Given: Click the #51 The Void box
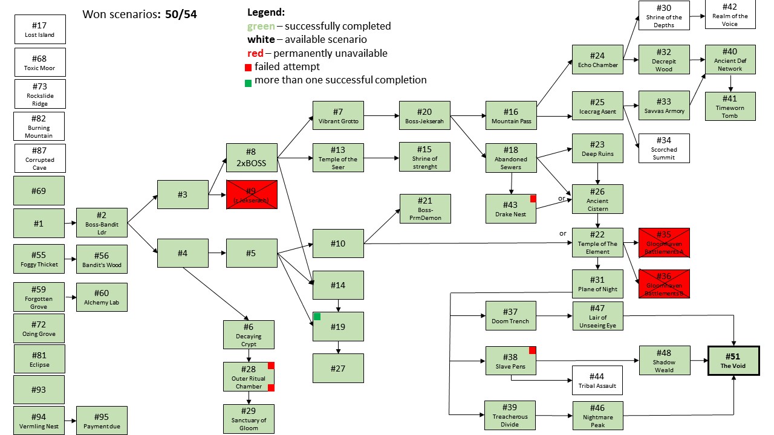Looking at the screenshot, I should click(733, 360).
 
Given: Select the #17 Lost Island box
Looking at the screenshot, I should click(39, 30).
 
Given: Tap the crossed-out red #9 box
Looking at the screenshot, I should click(252, 195).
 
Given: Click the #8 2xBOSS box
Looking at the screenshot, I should click(252, 158).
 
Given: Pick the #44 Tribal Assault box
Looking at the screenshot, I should click(597, 381).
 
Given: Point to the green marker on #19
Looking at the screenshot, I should click(317, 317).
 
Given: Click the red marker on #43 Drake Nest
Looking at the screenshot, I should click(533, 198).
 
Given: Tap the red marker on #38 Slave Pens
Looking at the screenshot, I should click(533, 350).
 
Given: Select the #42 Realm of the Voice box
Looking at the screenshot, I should click(730, 14).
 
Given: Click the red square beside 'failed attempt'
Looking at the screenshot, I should click(249, 67).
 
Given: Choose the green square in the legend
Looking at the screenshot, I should click(249, 82).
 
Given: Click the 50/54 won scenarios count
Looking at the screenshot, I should click(181, 14).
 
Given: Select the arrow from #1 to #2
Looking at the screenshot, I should click(70, 224).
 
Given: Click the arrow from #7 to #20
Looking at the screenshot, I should click(381, 115).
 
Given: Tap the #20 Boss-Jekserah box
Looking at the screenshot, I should click(424, 116).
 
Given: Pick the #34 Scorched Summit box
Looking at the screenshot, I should click(664, 148).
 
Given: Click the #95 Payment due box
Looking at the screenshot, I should click(102, 420).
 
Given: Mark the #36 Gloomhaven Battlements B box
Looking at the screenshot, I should click(664, 284).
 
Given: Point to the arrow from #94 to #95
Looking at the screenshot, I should click(70, 420).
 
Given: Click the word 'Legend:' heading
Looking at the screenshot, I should click(267, 12).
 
